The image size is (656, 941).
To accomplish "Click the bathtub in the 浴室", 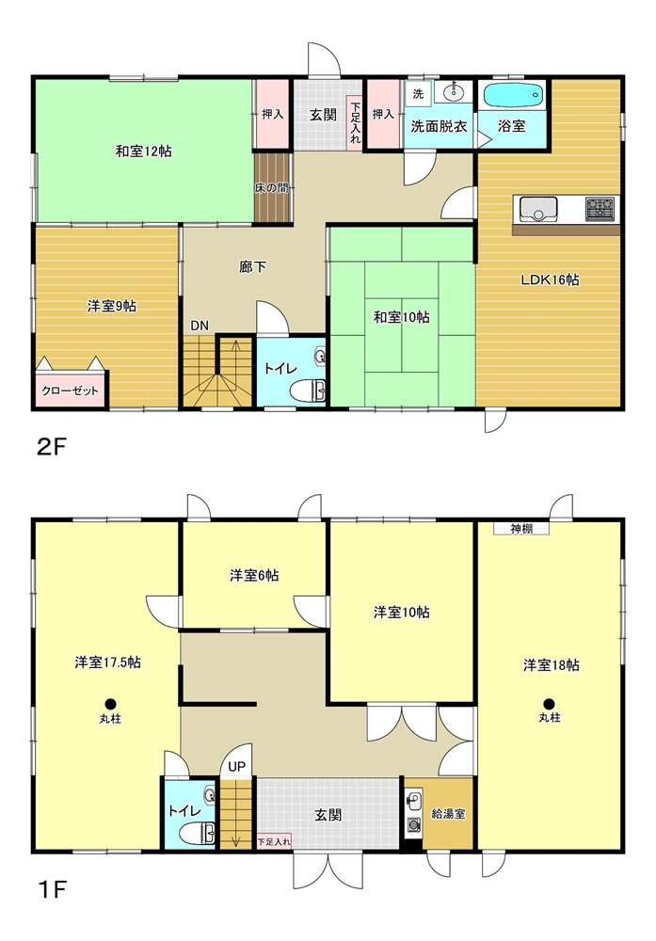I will (x=513, y=95).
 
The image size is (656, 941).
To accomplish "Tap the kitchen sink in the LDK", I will (x=536, y=209).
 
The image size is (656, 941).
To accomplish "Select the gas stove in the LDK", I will (x=600, y=208).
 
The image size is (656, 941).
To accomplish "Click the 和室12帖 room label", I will (x=143, y=152).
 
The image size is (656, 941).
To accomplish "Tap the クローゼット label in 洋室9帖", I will (x=71, y=390).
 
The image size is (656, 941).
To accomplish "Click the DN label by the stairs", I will (x=200, y=326).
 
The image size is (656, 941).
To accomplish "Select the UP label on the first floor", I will (x=236, y=766).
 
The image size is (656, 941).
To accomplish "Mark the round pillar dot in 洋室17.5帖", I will (x=110, y=702).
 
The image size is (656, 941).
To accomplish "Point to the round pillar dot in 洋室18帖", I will (x=548, y=702).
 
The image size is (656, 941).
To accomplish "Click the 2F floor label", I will (x=52, y=446).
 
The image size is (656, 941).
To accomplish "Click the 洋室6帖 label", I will (x=253, y=576).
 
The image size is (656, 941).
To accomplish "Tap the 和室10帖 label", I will (x=401, y=318).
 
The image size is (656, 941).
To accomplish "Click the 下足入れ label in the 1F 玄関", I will (x=274, y=840).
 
